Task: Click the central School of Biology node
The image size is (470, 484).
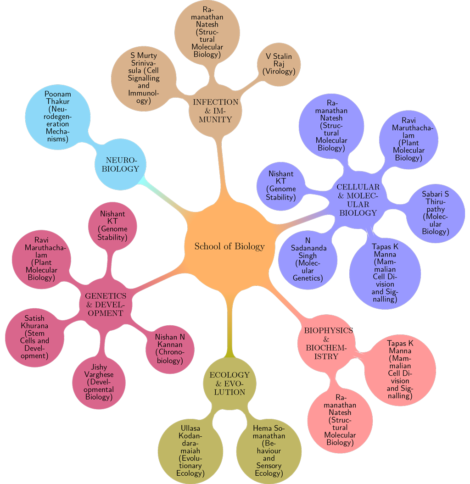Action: click(229, 246)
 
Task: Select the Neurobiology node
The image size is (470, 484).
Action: click(122, 164)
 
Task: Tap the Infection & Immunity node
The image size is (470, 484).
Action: click(216, 111)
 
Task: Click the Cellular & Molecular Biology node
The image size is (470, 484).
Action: click(358, 200)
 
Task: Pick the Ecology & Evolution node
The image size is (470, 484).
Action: click(229, 383)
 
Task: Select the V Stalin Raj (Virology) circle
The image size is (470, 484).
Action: click(279, 64)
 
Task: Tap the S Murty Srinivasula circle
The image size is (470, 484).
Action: click(144, 78)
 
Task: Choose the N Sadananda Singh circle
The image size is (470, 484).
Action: click(308, 259)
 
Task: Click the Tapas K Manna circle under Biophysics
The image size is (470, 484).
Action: click(400, 369)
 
